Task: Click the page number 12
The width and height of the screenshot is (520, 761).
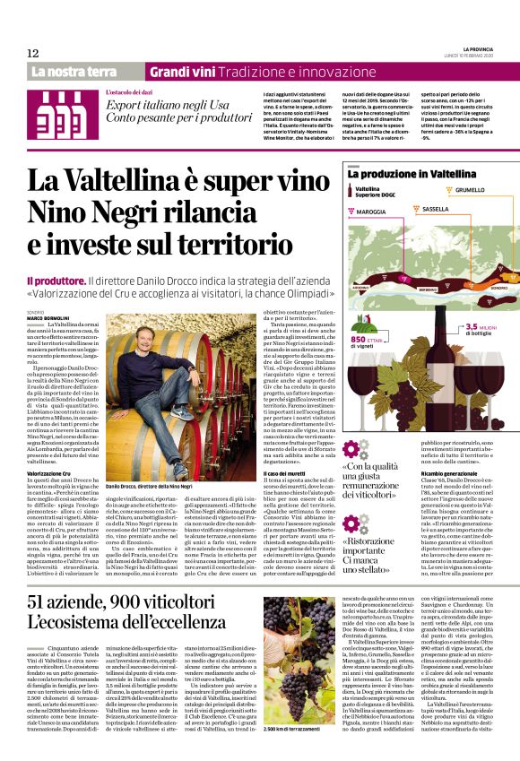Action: (32, 54)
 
